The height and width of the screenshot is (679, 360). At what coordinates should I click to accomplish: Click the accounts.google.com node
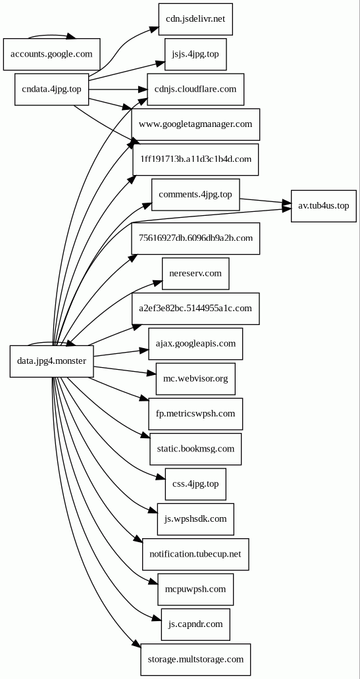pos(51,54)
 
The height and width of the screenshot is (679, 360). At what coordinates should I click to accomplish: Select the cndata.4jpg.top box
pos(51,89)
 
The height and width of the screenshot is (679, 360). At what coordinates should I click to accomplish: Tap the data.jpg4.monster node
pos(51,361)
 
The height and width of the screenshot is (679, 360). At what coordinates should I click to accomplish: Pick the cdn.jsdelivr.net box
pos(195,18)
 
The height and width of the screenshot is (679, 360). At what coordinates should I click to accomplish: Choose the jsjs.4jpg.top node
pos(195,54)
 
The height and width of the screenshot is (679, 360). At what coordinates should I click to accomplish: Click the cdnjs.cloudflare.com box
pos(195,89)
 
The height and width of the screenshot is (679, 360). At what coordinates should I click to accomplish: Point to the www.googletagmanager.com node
pos(195,124)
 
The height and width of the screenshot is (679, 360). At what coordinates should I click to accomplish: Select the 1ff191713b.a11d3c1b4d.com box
pos(195,159)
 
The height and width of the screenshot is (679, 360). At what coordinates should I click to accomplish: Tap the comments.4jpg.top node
pos(195,194)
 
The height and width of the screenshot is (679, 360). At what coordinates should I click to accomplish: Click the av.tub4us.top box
pos(323,206)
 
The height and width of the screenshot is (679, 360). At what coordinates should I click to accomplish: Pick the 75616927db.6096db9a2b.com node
pos(195,238)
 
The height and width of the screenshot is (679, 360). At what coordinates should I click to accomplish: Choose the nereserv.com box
pos(195,273)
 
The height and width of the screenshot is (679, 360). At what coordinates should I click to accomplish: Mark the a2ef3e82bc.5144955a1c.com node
pos(195,308)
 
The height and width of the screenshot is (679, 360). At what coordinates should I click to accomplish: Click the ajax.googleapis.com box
pos(195,343)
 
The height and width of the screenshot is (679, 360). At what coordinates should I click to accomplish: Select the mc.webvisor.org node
pos(195,378)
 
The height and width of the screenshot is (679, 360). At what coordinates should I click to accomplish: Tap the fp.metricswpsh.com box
pos(195,414)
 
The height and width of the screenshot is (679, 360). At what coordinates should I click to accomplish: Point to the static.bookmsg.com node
pos(195,449)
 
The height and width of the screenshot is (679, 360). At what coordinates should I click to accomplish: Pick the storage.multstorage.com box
pos(195,659)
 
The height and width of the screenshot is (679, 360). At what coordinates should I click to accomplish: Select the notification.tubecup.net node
pos(195,554)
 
